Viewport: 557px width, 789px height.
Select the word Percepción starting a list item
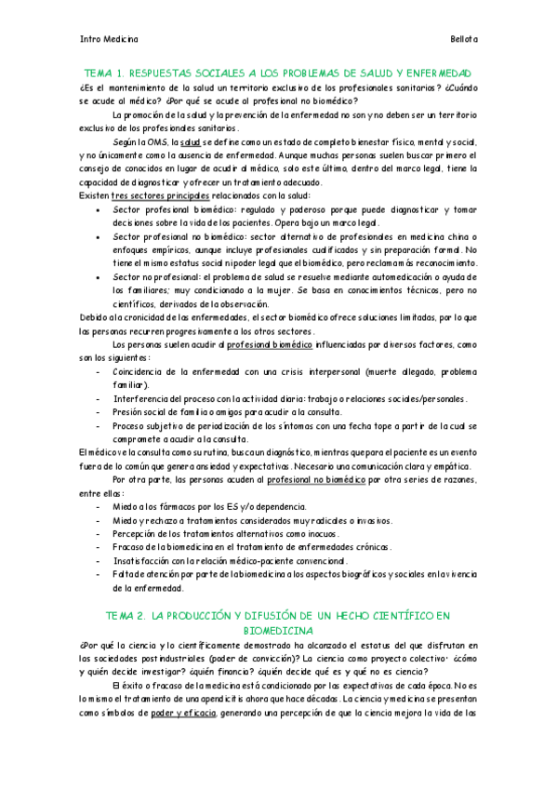pos(139,533)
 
